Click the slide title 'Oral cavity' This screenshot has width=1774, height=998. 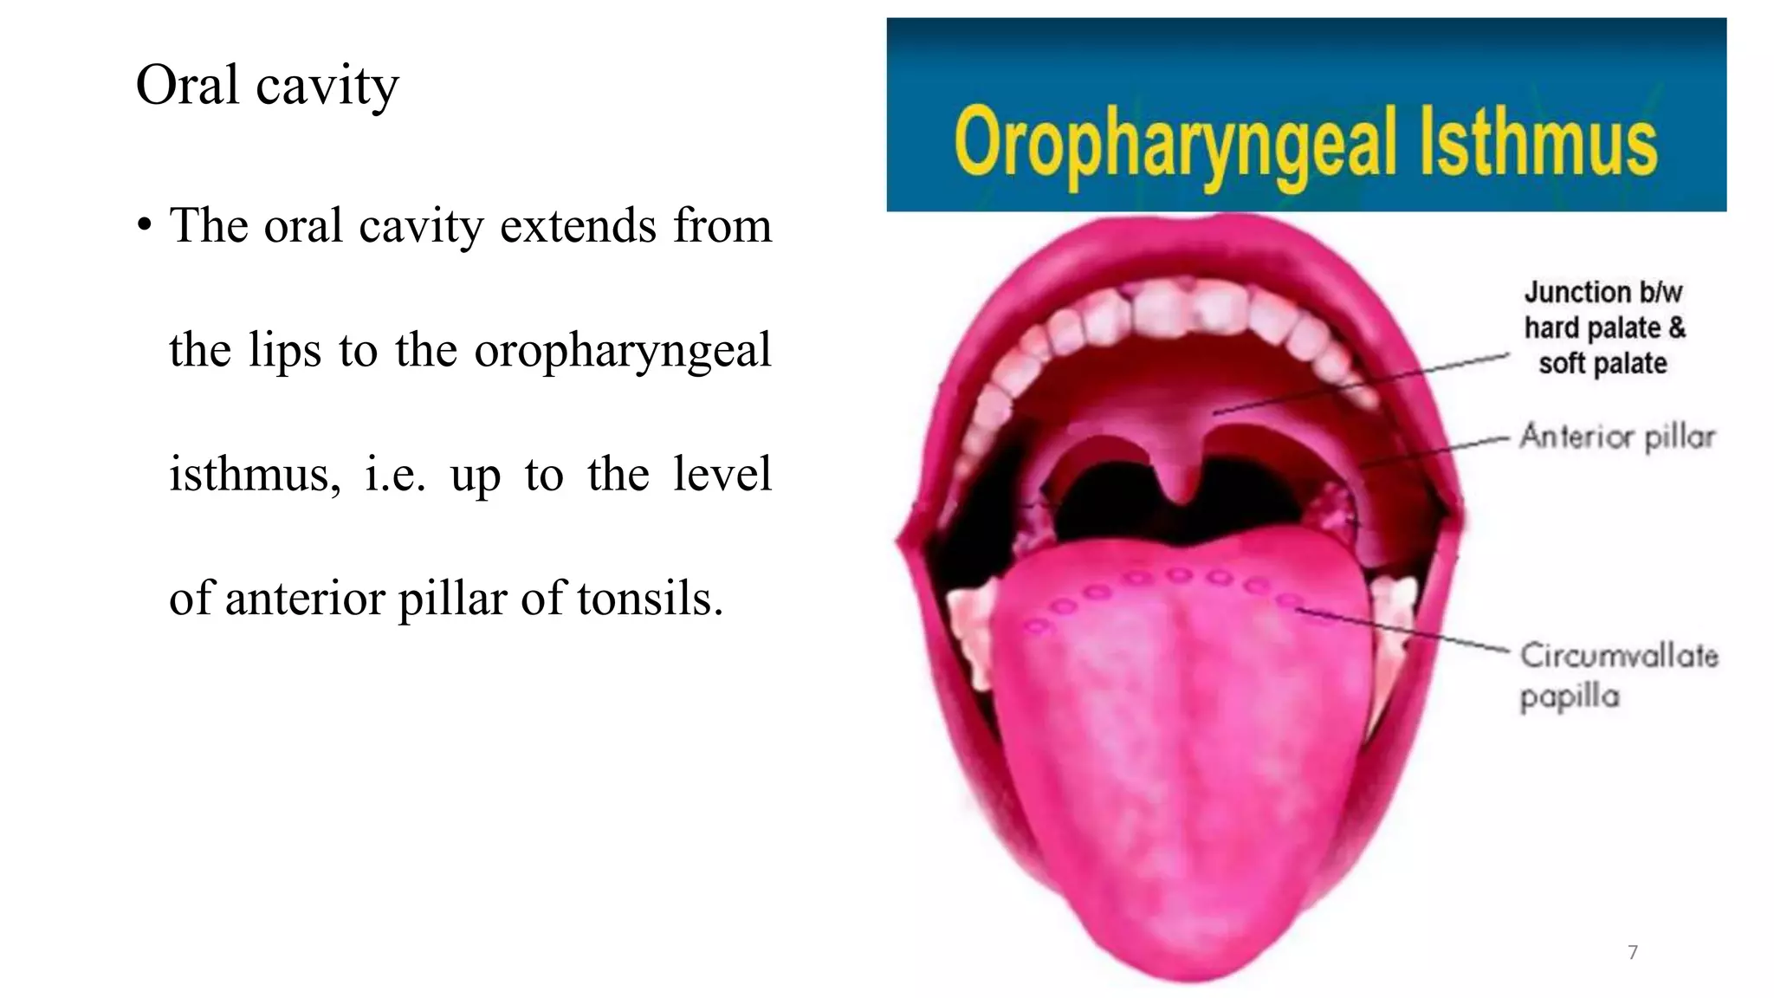pos(267,86)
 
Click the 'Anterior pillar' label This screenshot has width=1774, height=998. pos(1617,437)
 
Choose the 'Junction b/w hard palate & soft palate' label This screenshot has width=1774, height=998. pos(1604,327)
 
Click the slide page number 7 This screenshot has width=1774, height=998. pos(1633,952)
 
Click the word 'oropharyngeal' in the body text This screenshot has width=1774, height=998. pos(622,351)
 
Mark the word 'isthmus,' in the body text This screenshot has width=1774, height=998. pos(255,475)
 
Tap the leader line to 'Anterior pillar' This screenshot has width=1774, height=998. pos(1438,450)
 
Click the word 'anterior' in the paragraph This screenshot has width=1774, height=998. pos(304,599)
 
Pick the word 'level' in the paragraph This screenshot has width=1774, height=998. pos(722,475)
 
